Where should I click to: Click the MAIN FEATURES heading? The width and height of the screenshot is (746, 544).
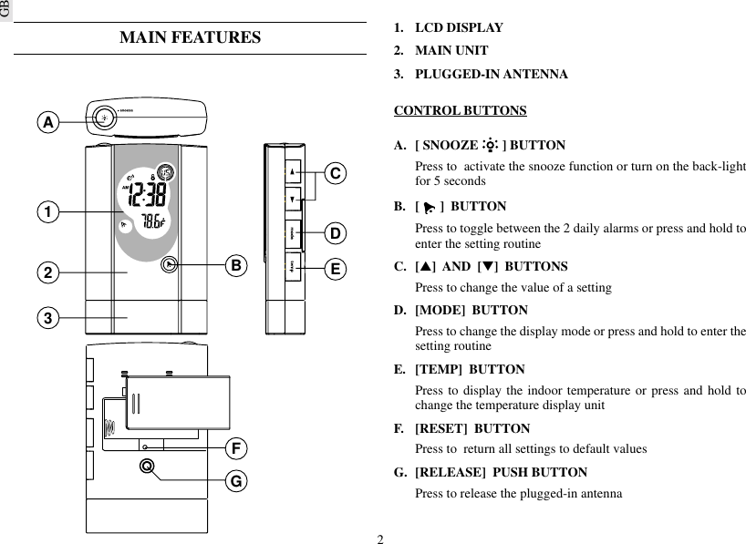(190, 37)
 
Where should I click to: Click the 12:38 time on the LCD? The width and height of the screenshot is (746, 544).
(146, 194)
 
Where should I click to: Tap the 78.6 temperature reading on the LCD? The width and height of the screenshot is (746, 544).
(150, 221)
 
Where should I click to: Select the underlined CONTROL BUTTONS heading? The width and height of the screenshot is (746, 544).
(460, 111)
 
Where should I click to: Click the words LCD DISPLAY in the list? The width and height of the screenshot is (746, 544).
(459, 28)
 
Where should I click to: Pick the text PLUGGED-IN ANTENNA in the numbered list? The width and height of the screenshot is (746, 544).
(491, 74)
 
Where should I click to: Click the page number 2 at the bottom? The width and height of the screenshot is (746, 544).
(380, 538)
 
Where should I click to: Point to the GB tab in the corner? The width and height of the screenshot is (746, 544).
(5, 11)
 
